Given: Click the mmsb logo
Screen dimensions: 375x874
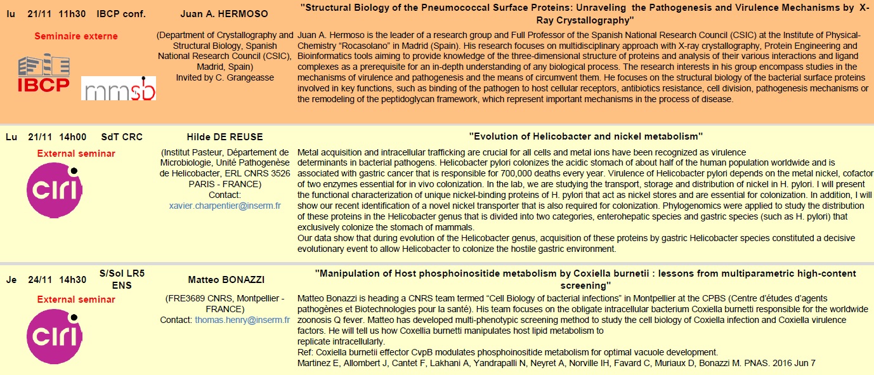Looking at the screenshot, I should click(119, 88).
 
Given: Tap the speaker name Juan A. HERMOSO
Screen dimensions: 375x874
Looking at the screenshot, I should click(224, 14).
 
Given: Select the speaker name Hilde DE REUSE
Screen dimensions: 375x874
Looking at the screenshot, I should click(225, 137).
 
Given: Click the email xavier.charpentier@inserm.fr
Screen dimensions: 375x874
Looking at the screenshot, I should click(225, 206).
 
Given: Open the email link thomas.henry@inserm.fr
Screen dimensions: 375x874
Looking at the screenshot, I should click(242, 320).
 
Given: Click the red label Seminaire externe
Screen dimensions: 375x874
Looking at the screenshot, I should click(76, 36).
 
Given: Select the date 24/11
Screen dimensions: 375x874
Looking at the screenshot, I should click(40, 279).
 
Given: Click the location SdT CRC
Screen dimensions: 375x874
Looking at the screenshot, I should click(122, 137).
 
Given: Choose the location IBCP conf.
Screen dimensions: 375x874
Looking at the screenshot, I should click(121, 14).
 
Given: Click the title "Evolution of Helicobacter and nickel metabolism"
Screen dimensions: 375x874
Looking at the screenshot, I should click(585, 137).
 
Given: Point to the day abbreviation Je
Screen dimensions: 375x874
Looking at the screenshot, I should click(11, 279).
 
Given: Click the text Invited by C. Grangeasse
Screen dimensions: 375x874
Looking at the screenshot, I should click(225, 77).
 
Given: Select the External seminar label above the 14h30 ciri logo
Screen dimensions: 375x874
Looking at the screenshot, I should click(76, 299).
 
